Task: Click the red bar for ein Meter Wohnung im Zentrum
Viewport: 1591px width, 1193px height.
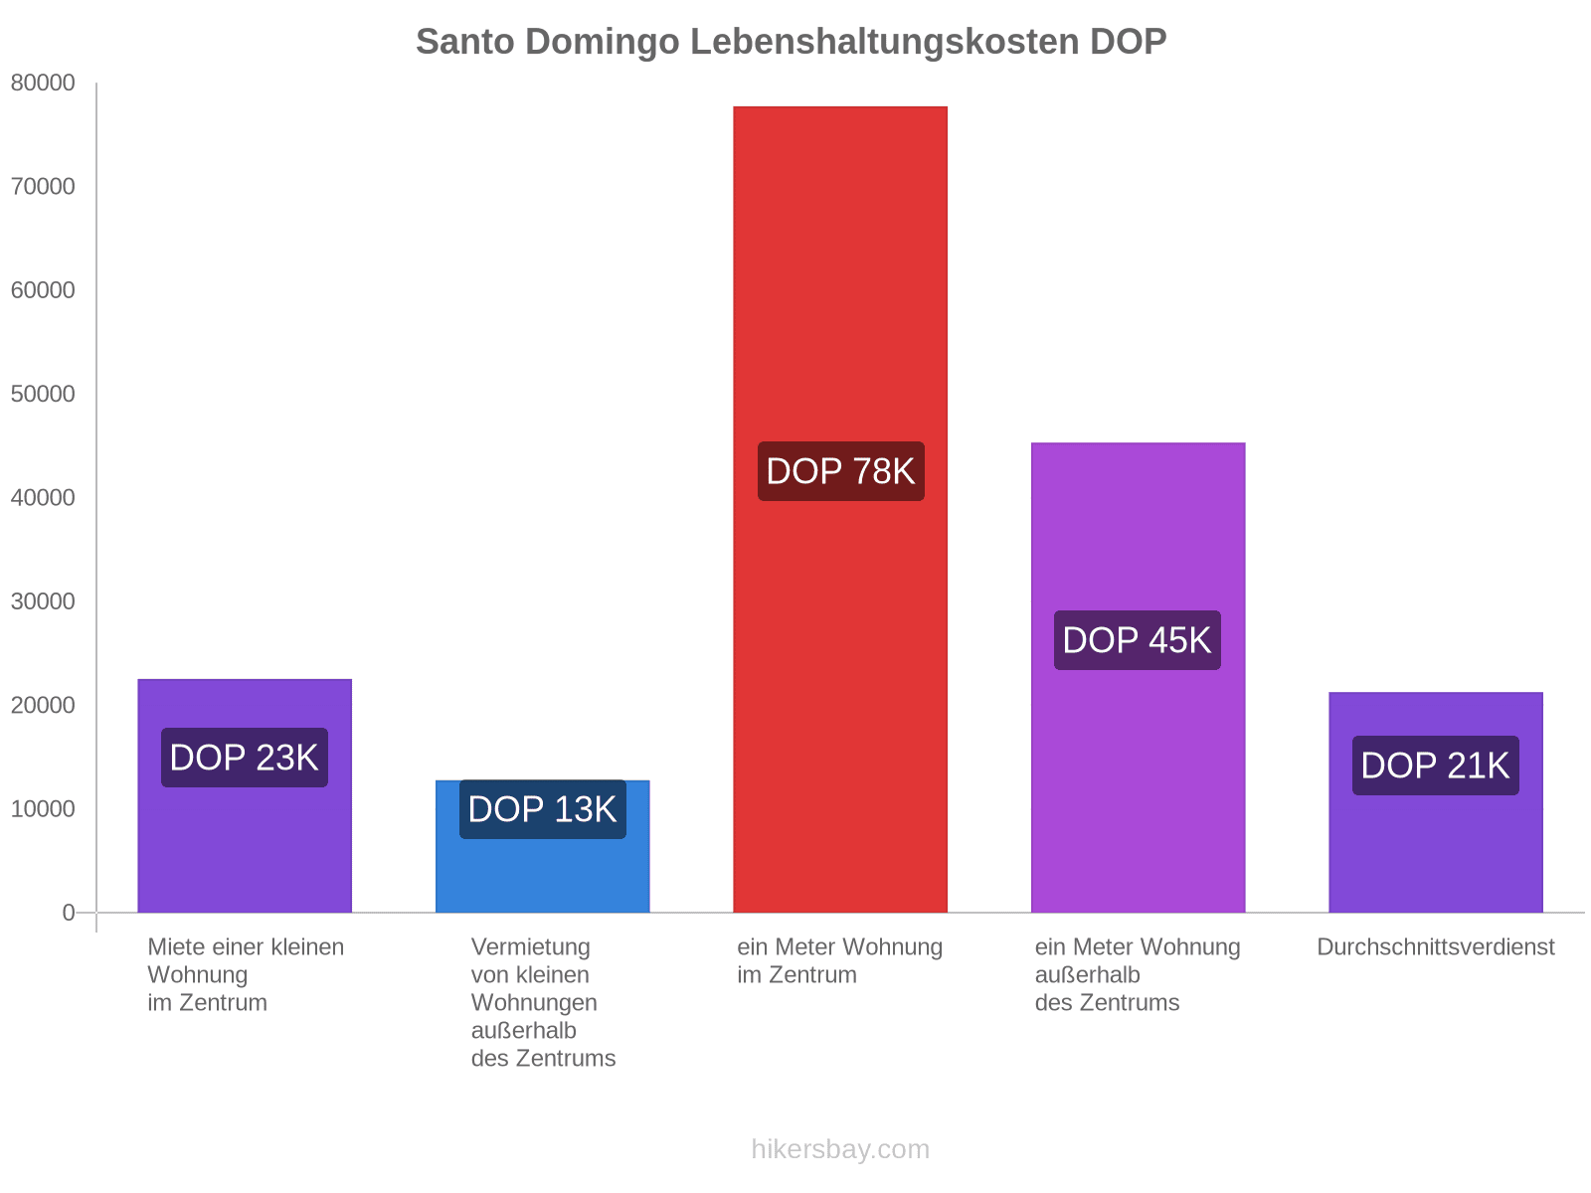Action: click(x=840, y=298)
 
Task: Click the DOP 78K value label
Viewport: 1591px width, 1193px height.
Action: click(x=840, y=471)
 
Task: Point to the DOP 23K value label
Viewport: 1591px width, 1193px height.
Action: click(x=244, y=758)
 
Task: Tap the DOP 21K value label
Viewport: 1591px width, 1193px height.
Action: click(x=1435, y=766)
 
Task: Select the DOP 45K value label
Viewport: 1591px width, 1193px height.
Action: click(x=1137, y=640)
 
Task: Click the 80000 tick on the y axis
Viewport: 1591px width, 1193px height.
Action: click(x=44, y=84)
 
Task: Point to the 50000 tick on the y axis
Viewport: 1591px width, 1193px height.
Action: click(x=44, y=395)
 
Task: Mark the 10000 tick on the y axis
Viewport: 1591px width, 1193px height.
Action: click(x=44, y=809)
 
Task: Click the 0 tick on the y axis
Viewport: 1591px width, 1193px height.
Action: click(x=69, y=913)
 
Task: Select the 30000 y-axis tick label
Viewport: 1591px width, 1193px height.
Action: click(x=44, y=601)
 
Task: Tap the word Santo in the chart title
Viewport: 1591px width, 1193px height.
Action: click(x=464, y=42)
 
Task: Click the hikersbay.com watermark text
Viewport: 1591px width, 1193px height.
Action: click(x=840, y=1149)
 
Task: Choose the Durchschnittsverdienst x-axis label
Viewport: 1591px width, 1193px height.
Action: click(x=1435, y=947)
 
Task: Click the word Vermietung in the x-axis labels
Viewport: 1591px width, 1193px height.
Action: click(x=530, y=947)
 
